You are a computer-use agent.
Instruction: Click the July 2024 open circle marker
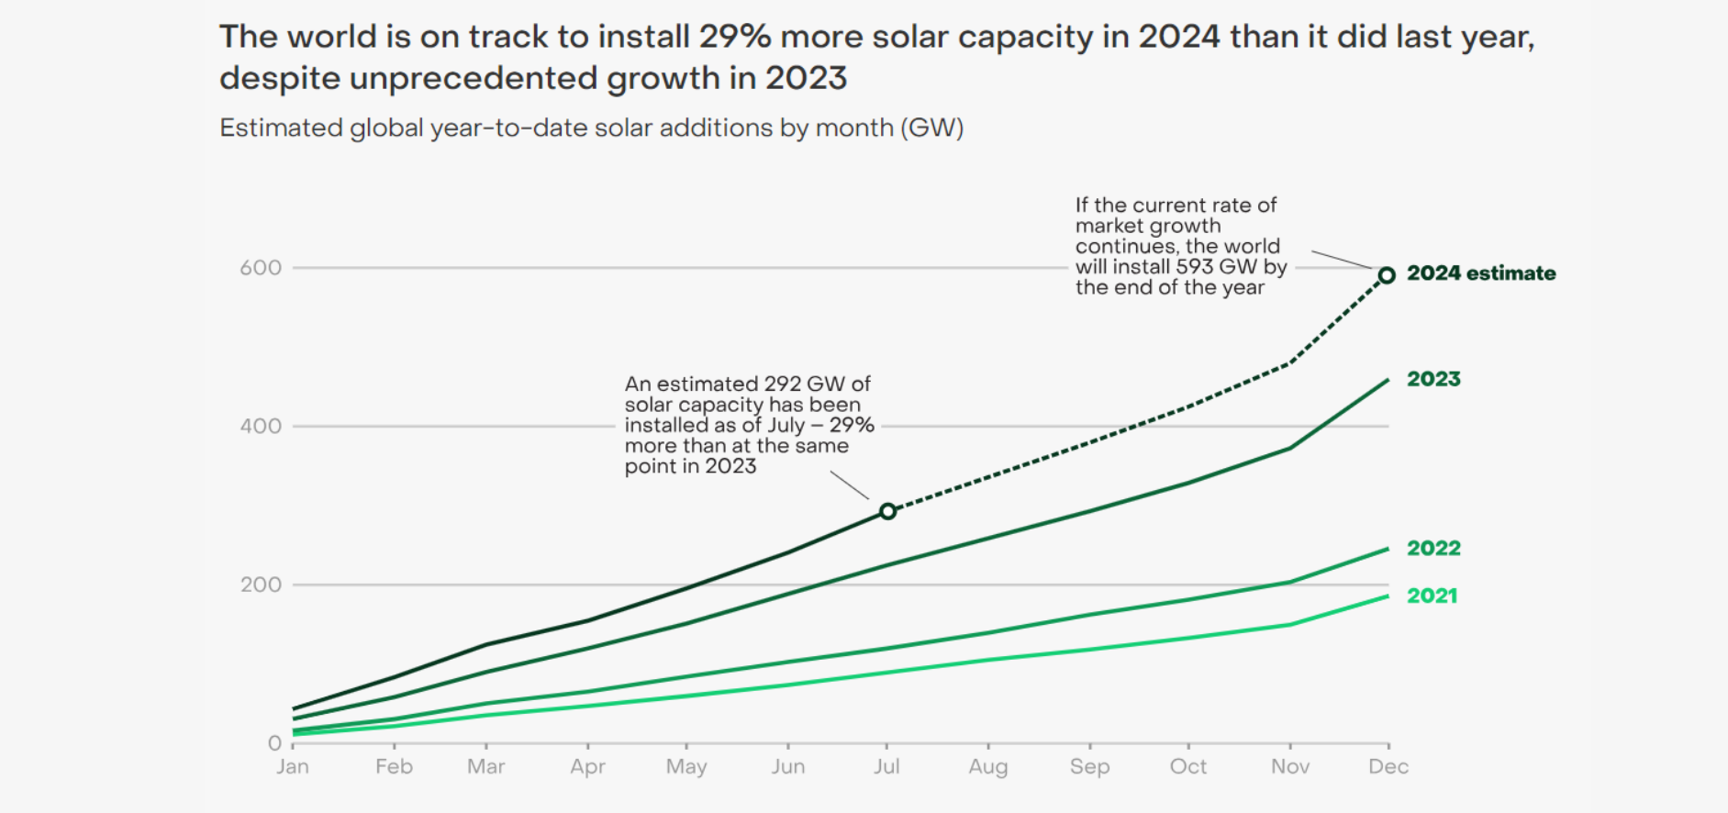[887, 511]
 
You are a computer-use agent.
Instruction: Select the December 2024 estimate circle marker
[1387, 275]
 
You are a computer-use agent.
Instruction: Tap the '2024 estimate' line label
[1481, 273]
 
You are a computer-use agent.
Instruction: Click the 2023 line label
[1433, 379]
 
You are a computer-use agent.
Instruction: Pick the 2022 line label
[1433, 548]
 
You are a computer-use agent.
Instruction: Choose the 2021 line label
[1432, 596]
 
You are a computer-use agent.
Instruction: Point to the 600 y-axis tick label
[261, 268]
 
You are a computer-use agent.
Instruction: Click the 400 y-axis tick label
[261, 426]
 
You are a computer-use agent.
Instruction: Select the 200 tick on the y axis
[261, 585]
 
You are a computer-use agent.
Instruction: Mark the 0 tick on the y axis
[274, 743]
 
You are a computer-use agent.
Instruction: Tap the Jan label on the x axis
[293, 766]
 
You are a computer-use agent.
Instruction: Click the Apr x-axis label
[587, 766]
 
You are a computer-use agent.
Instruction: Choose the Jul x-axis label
[886, 766]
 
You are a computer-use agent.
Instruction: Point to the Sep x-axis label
[1089, 766]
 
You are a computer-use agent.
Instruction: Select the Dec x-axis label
[1388, 766]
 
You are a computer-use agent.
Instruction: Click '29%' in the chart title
[734, 37]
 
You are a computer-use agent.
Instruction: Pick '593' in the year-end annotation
[1195, 267]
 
